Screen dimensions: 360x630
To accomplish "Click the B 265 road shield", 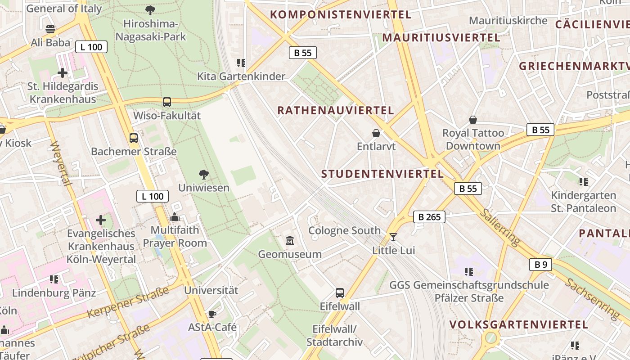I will coord(429,217).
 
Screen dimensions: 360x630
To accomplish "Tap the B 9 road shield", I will coord(540,265).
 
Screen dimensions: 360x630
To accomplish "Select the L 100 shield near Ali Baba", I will coord(91,47).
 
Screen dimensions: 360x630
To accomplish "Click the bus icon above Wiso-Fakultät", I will coord(167,102).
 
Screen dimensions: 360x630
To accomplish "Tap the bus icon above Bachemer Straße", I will coord(134,138).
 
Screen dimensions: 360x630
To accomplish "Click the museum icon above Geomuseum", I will coord(290,241).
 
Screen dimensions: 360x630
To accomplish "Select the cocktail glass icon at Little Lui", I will coord(393,237).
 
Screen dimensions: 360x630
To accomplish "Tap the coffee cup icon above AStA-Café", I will coord(212,314).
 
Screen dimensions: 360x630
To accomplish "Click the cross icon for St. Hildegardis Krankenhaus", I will coord(63,72).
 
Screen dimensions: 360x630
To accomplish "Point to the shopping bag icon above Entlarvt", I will coord(376,133).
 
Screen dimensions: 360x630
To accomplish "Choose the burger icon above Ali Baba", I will coord(50,30).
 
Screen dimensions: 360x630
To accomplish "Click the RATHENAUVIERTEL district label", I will coord(335,110).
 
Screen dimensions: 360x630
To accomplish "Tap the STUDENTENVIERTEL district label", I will coord(382,174).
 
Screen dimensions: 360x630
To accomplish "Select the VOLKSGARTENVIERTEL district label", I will coord(518,324).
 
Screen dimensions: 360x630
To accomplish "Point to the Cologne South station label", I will coord(344,231).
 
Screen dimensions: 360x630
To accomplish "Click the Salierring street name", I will coord(499,227).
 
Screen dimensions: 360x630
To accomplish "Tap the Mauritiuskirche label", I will coord(508,21).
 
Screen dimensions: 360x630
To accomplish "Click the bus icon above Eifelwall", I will coord(340,293).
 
